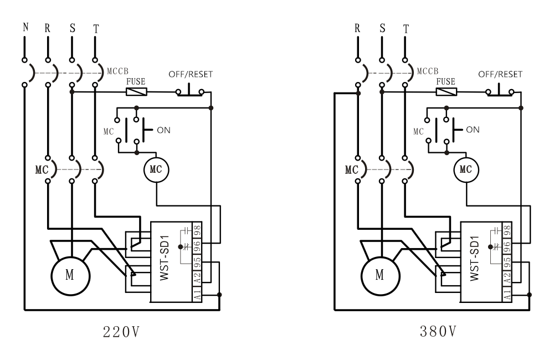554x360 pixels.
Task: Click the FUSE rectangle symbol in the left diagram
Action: [x=136, y=92]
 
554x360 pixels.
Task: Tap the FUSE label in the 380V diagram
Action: [x=446, y=81]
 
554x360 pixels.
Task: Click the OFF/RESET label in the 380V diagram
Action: [x=500, y=74]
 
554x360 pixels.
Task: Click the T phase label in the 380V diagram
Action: [x=406, y=28]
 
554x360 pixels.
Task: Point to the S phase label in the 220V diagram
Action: [x=71, y=28]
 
